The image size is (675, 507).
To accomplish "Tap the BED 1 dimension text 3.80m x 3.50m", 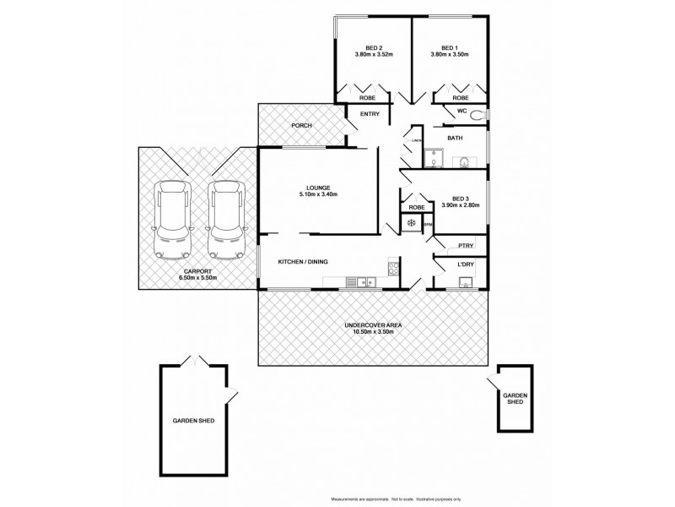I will pos(450,55).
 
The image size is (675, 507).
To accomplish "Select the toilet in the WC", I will pos(477,115).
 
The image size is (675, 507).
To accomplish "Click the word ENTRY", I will pos(370,114).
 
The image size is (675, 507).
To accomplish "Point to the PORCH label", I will pos(301,126).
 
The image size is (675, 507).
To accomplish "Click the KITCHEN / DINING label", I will pos(303,262).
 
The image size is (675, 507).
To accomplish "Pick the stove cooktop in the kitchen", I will pos(393,270).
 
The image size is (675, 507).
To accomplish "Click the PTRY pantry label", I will pos(465,245).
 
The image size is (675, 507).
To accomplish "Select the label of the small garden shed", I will pos(514,398).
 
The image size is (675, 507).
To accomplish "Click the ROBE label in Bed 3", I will pos(416,207).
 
